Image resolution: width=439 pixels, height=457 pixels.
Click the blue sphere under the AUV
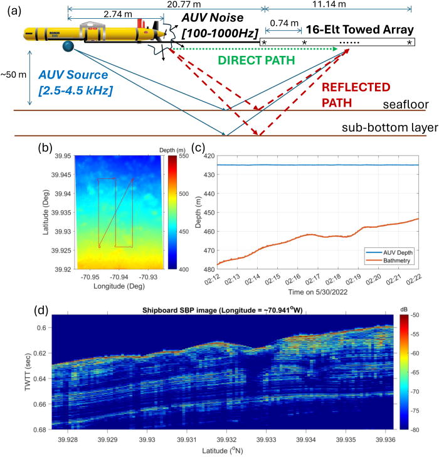(x=68, y=46)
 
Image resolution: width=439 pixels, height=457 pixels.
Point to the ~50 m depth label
(x=14, y=75)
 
